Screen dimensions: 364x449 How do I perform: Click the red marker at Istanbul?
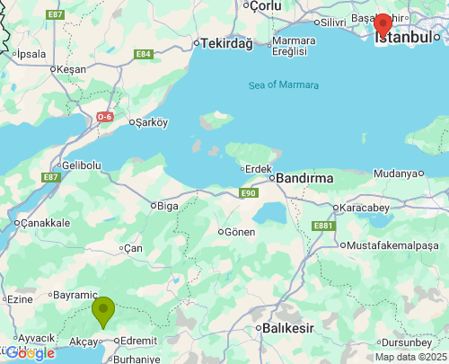click(383, 24)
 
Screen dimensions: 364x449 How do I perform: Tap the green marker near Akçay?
click(104, 311)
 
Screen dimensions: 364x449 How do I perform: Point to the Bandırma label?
click(304, 178)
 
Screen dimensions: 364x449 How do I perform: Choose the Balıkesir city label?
click(287, 328)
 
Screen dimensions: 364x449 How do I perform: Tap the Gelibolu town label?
click(81, 165)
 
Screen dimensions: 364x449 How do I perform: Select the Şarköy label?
click(152, 122)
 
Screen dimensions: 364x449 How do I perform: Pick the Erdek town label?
click(259, 168)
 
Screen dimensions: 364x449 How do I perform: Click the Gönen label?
click(237, 231)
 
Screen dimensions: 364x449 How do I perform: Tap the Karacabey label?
click(365, 208)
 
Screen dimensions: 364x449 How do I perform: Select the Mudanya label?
click(396, 173)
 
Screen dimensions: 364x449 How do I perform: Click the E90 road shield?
click(249, 192)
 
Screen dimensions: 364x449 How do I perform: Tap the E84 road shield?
click(144, 54)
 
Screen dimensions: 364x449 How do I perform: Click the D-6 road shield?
click(106, 116)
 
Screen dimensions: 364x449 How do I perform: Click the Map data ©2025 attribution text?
click(410, 357)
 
